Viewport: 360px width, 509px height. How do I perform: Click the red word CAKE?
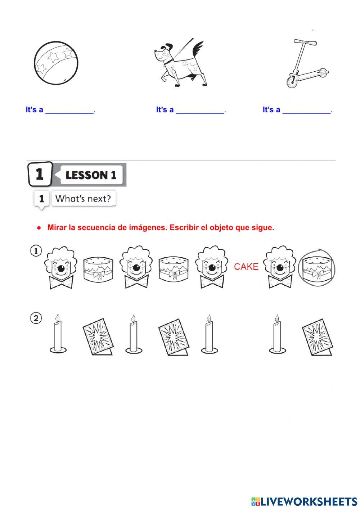point(246,267)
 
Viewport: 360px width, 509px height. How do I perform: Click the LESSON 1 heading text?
point(91,175)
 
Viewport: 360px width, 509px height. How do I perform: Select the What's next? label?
point(84,198)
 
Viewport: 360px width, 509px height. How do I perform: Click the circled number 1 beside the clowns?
point(36,251)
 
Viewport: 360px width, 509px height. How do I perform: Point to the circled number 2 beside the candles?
point(36,318)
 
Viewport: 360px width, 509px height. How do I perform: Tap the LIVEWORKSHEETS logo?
point(304,501)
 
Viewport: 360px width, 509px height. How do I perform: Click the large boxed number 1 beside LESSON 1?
point(40,174)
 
